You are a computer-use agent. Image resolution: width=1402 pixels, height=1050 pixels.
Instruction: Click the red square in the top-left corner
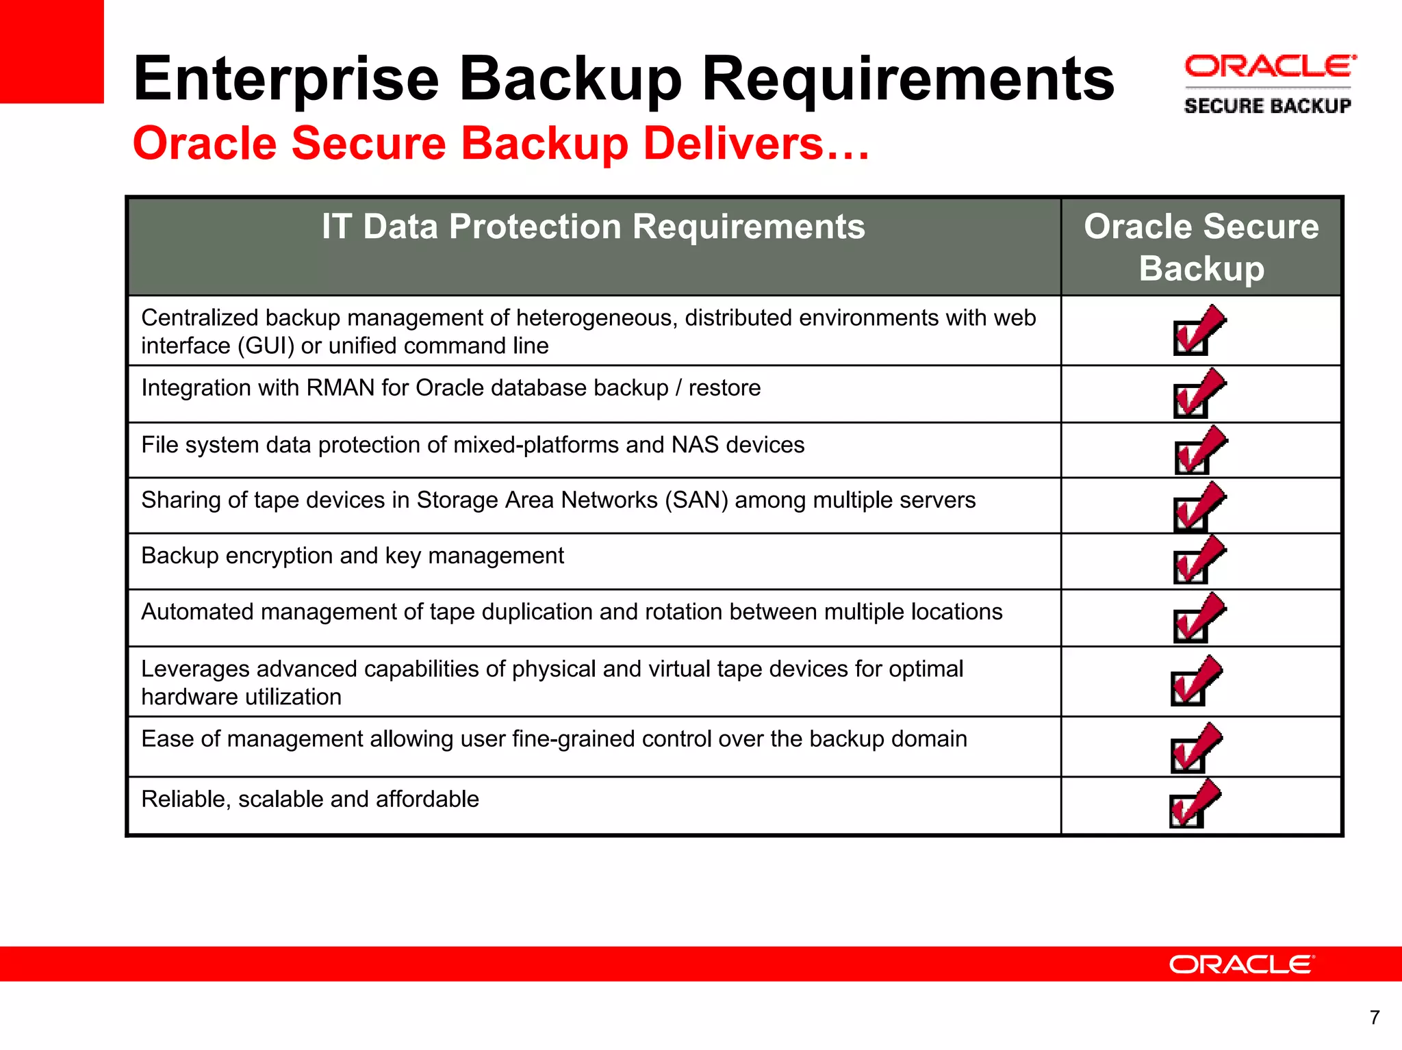[x=51, y=51]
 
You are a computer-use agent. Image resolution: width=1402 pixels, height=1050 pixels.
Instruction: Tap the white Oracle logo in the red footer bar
[x=1241, y=964]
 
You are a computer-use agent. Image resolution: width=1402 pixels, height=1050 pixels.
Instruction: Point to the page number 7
[x=1374, y=1018]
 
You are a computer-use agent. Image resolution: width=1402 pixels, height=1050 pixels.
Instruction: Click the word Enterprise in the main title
[x=285, y=79]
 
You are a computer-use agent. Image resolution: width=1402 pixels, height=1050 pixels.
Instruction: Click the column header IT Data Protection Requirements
[x=594, y=227]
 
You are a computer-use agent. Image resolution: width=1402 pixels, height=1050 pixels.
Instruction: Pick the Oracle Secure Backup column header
[x=1201, y=246]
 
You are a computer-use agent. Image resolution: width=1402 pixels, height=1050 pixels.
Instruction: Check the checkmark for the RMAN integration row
[x=1199, y=394]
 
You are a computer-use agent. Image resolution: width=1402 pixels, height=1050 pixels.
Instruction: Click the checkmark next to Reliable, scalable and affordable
[x=1195, y=804]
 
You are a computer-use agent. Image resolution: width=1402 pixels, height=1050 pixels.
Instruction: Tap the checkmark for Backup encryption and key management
[x=1199, y=561]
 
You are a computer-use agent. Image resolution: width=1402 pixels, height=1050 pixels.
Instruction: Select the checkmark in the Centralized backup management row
[x=1199, y=331]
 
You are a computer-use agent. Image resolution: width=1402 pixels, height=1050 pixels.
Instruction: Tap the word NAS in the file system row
[x=695, y=445]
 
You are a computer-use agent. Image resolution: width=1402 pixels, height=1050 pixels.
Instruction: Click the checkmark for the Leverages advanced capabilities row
[x=1195, y=681]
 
